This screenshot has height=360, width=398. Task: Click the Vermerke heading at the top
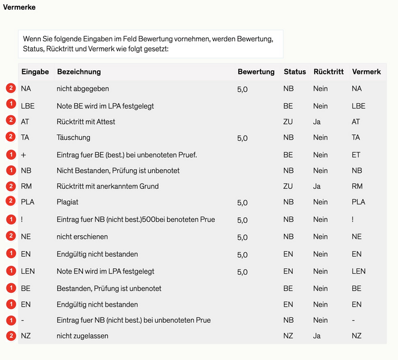point(19,7)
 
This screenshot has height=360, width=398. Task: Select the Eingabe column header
point(35,72)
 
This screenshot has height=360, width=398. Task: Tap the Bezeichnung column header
point(79,72)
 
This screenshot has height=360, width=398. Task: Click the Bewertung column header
point(256,72)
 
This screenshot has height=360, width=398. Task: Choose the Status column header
point(295,72)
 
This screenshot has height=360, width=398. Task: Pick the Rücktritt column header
point(328,72)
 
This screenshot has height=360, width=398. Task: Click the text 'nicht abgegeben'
point(83,89)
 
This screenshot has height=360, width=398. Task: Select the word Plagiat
point(68,202)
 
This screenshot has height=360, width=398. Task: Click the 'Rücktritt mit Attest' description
point(86,122)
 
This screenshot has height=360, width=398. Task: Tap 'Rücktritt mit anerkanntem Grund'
point(107,187)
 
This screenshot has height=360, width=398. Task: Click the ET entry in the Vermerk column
point(356,155)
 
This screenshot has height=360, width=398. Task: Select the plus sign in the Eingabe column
point(23,155)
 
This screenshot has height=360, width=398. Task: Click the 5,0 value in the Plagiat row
point(243,203)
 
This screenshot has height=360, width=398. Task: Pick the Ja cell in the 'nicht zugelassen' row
point(316,336)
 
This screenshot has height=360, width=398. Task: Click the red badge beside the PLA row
point(10,202)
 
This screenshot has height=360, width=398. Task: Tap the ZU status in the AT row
point(288,122)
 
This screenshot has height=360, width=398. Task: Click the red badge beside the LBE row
point(10,105)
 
